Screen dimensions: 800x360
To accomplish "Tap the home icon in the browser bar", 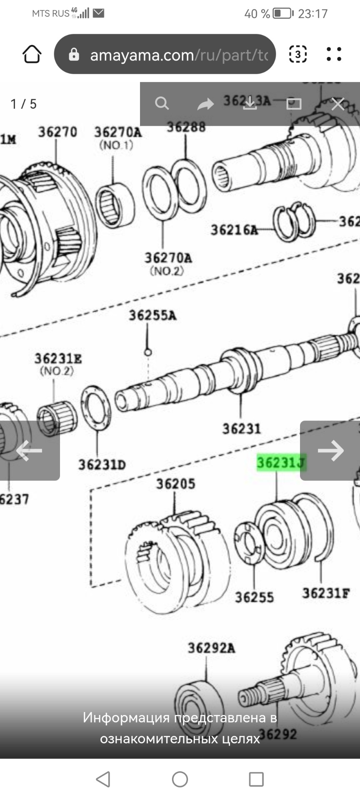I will (x=32, y=54).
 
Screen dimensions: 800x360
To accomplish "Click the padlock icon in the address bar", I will (x=74, y=55).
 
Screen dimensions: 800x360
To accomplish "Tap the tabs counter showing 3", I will (x=297, y=54).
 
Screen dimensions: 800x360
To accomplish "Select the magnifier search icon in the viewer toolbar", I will (x=162, y=103).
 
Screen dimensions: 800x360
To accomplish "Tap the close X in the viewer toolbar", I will (x=337, y=104).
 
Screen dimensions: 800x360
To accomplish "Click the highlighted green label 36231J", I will (x=281, y=462).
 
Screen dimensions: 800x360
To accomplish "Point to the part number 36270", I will (x=58, y=132).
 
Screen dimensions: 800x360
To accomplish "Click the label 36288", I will (x=186, y=127).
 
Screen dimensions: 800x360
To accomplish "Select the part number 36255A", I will (x=152, y=315).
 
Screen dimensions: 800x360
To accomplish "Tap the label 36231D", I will (x=102, y=465).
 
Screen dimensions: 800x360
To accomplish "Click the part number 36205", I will (x=175, y=484).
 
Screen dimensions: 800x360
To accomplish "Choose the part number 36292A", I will (x=211, y=648).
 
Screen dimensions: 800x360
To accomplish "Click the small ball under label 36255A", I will (x=147, y=352).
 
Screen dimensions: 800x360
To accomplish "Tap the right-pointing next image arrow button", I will (x=330, y=450).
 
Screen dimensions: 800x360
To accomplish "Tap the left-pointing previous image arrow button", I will (x=29, y=450).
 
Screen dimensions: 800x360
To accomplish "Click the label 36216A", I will (x=234, y=230).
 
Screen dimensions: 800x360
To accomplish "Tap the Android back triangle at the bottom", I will (x=103, y=779).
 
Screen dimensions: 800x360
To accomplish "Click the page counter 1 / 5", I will (x=24, y=104).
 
